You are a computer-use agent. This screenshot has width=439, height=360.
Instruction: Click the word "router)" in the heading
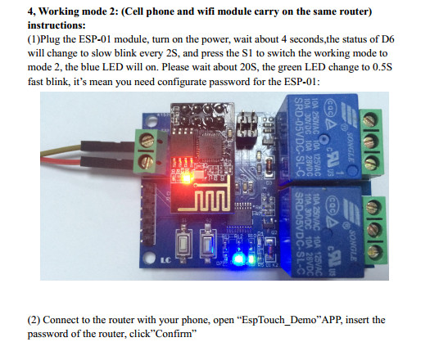pyautogui.click(x=355, y=11)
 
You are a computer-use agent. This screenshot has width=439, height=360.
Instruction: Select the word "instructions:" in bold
pyautogui.click(x=57, y=25)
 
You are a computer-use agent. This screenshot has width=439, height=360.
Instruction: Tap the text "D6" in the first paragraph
pyautogui.click(x=387, y=39)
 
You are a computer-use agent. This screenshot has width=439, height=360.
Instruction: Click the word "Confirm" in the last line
pyautogui.click(x=174, y=334)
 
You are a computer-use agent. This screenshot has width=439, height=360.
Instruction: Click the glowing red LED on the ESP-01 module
pyautogui.click(x=187, y=178)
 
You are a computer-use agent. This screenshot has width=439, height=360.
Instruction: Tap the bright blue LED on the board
pyautogui.click(x=238, y=259)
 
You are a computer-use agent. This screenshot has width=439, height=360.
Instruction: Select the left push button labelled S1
pyautogui.click(x=183, y=243)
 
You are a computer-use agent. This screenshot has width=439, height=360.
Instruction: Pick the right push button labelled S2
pyautogui.click(x=207, y=243)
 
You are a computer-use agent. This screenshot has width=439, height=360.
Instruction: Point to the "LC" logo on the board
pyautogui.click(x=165, y=260)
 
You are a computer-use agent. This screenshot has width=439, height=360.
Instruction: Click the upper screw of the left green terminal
pyautogui.click(x=147, y=140)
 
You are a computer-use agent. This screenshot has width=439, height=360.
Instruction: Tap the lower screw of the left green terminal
pyautogui.click(x=146, y=162)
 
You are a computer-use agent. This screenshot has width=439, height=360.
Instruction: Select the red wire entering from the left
pyautogui.click(x=61, y=161)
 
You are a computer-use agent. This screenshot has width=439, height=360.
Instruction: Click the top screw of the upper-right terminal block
pyautogui.click(x=370, y=119)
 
